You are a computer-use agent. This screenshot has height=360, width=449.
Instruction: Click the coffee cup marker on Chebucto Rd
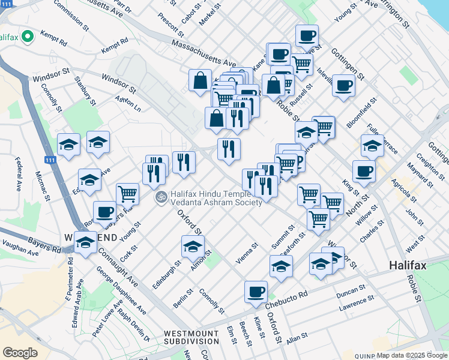tap(256, 292)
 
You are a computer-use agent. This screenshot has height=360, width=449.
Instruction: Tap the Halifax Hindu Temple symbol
tap(161, 197)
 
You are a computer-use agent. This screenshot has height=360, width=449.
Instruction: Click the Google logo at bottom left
tap(20, 352)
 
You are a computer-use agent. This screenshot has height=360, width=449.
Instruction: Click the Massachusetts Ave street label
tap(203, 53)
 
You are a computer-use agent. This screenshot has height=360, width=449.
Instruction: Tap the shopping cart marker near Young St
tap(127, 194)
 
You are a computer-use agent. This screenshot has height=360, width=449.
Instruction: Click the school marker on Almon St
tap(193, 247)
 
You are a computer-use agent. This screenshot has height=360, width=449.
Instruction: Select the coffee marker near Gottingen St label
tap(343, 86)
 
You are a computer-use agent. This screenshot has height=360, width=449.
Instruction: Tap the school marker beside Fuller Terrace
tap(372, 146)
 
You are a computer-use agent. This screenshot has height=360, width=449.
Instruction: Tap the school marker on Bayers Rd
tap(85, 243)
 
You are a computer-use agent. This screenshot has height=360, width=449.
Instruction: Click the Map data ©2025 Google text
tap(412, 355)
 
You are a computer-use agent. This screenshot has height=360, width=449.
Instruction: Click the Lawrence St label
tap(357, 304)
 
